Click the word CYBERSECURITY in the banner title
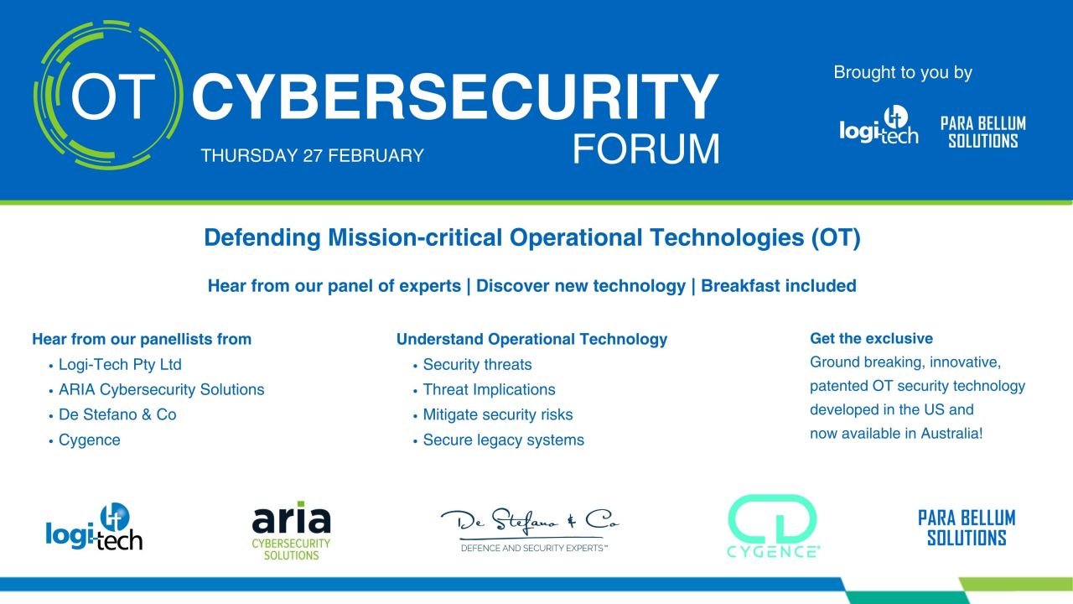point(455,96)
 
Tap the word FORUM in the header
point(646,149)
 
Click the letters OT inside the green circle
point(113,96)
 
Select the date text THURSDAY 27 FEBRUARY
point(313,156)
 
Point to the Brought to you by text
point(903,73)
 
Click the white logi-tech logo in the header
point(879,125)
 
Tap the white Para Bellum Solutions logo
point(983,132)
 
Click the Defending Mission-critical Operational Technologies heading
point(532,237)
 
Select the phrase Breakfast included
point(779,286)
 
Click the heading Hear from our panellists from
point(142,340)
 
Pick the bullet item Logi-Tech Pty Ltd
point(120,365)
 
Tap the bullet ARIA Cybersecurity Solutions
point(162,390)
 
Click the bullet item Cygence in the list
point(90,440)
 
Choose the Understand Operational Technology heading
point(531,340)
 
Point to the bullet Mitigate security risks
point(498,414)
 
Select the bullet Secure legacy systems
point(504,440)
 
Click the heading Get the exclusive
point(871,338)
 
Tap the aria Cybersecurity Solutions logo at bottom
point(291,531)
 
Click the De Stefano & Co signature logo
point(530,529)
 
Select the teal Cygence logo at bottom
point(772,526)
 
